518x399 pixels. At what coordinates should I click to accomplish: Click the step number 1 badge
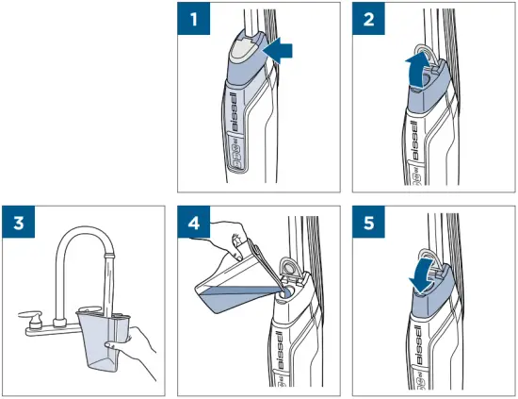[x=194, y=19]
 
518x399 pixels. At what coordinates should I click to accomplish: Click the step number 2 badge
[x=368, y=19]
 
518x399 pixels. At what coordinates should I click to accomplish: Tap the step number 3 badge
[x=19, y=222]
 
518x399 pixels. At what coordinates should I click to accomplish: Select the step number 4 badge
[x=194, y=222]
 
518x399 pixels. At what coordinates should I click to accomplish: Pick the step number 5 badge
[x=368, y=222]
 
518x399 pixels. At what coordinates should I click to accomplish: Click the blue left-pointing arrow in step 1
[x=278, y=50]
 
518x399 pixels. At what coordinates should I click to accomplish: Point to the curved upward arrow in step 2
[x=417, y=70]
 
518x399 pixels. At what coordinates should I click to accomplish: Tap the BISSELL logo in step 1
[x=235, y=112]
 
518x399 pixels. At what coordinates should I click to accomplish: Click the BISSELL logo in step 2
[x=413, y=140]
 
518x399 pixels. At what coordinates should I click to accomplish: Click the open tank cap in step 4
[x=289, y=267]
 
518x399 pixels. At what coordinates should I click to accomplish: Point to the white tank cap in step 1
[x=242, y=50]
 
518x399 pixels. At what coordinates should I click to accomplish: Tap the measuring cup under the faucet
[x=103, y=341]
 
